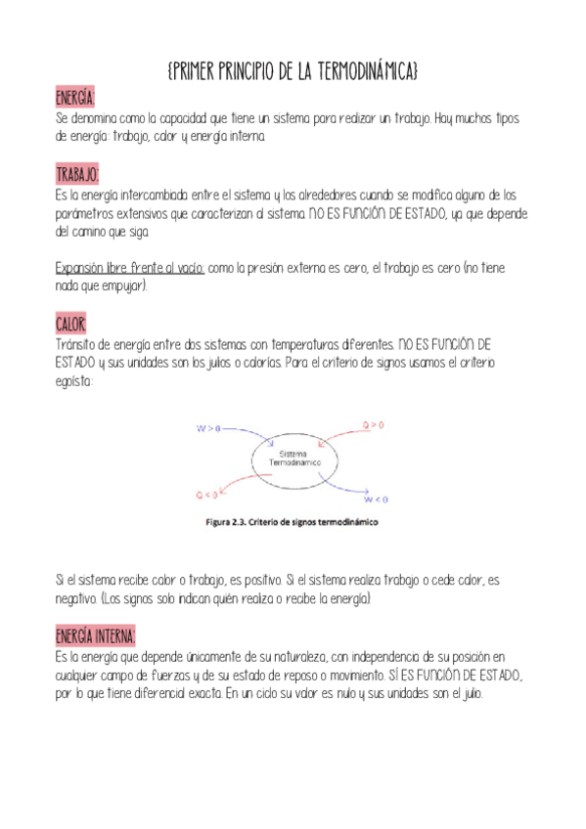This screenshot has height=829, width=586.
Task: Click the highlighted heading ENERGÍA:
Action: [x=75, y=99]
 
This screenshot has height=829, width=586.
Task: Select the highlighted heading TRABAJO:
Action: [x=77, y=174]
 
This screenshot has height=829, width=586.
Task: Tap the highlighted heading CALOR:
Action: [x=71, y=324]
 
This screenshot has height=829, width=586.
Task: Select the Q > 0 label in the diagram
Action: [x=374, y=425]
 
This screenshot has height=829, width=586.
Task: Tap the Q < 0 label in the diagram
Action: [x=207, y=495]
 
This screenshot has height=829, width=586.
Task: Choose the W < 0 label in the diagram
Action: [x=377, y=500]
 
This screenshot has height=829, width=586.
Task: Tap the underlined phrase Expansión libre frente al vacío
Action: [x=129, y=267]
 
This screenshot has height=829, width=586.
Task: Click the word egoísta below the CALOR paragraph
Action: [x=74, y=382]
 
